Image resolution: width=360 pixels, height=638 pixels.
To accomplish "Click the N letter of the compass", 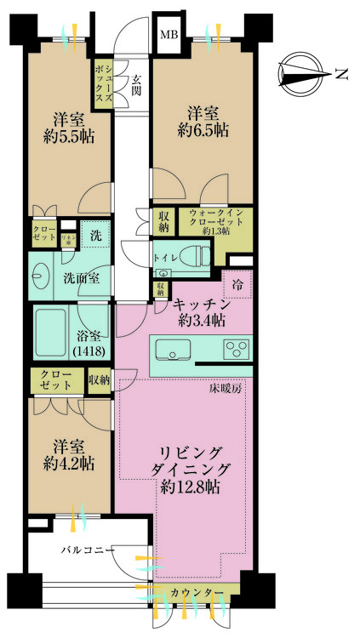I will coord(340,75).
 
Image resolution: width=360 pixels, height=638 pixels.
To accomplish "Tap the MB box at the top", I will coord(169,37).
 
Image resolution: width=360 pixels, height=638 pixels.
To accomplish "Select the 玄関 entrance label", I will coord(135,86).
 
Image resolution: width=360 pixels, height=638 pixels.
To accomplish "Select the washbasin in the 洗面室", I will coord(41,276).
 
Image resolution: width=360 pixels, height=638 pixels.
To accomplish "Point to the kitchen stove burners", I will coord(236,349).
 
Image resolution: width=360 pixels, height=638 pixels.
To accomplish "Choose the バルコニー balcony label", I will coord(87,551).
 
